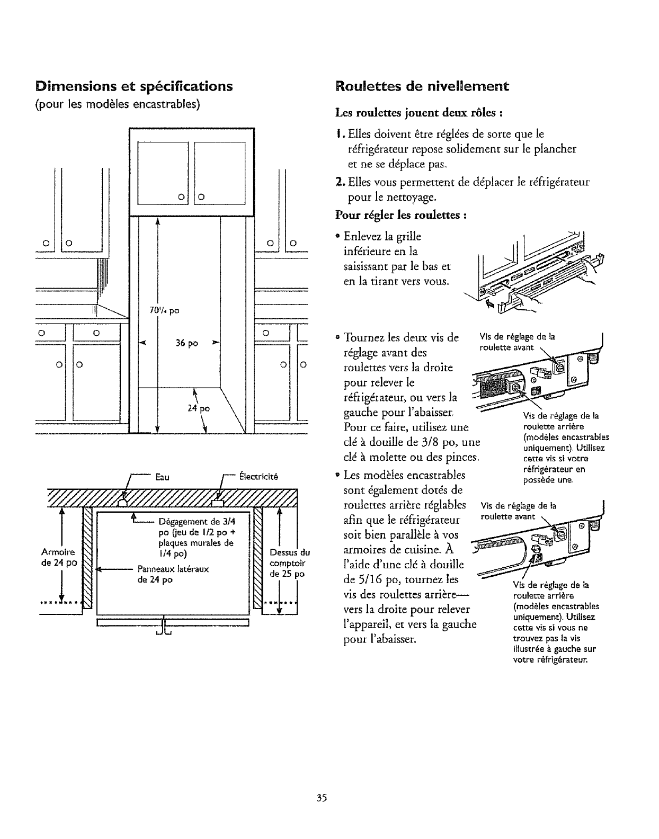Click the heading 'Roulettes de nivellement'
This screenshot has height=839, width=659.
point(422,86)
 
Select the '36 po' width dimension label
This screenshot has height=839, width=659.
point(186,343)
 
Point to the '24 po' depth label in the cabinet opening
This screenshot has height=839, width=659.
point(201,408)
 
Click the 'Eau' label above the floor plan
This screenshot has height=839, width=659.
point(162,477)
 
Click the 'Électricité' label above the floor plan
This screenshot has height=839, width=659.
point(259,476)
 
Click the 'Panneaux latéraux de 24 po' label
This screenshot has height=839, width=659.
point(173,574)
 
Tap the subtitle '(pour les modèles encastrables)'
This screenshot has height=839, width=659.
point(117,103)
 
